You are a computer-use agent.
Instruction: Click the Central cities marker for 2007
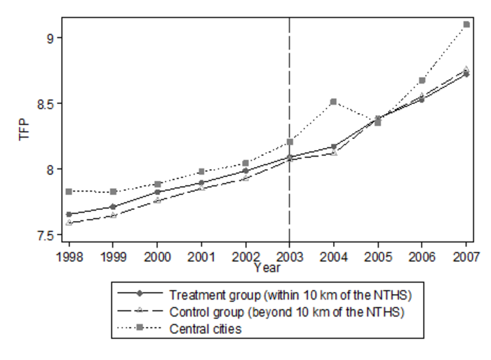tap(466, 25)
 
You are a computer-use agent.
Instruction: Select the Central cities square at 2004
tap(334, 102)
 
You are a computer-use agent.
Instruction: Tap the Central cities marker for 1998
tap(69, 192)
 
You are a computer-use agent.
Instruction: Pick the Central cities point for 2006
tap(422, 81)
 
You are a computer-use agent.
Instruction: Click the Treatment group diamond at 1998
tap(69, 214)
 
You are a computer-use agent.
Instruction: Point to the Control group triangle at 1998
tap(69, 222)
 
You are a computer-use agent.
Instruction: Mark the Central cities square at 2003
tap(290, 142)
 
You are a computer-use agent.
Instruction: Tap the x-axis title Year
tap(267, 267)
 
